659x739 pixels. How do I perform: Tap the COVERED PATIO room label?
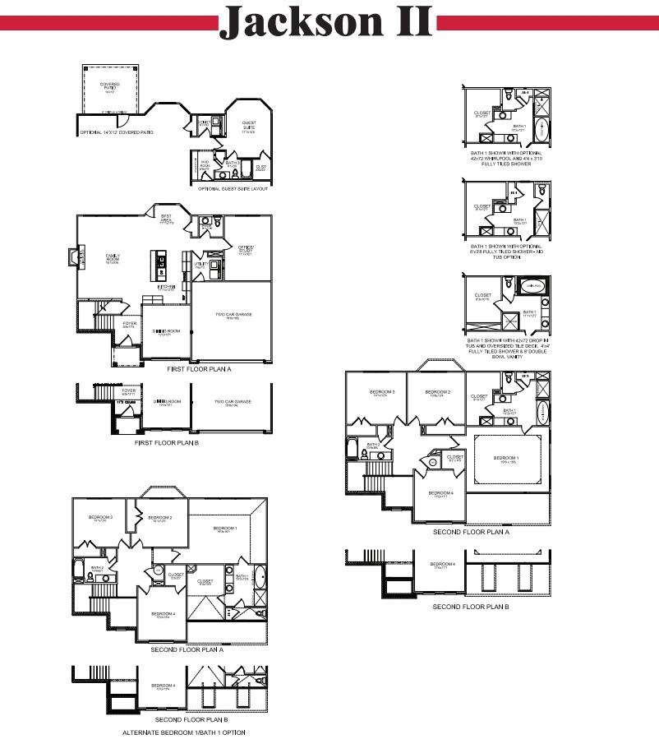(x=109, y=86)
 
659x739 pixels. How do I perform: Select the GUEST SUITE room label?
(x=248, y=125)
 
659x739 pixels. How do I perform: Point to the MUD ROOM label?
(x=205, y=165)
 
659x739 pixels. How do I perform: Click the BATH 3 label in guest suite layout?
(x=232, y=164)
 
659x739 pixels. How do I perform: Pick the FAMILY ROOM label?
(x=112, y=258)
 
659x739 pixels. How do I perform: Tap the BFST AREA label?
(x=166, y=219)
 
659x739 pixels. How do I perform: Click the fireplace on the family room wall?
(x=73, y=258)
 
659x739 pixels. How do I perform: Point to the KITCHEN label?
(x=167, y=288)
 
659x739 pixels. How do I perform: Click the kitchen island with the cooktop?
(x=161, y=263)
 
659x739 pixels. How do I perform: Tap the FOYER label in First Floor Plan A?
(x=130, y=325)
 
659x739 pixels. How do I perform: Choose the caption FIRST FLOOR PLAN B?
(x=166, y=442)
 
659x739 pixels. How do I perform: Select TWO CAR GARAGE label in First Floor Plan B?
(x=233, y=403)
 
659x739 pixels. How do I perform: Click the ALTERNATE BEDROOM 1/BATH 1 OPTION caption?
(x=183, y=732)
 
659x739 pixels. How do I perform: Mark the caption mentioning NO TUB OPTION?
(x=507, y=251)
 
